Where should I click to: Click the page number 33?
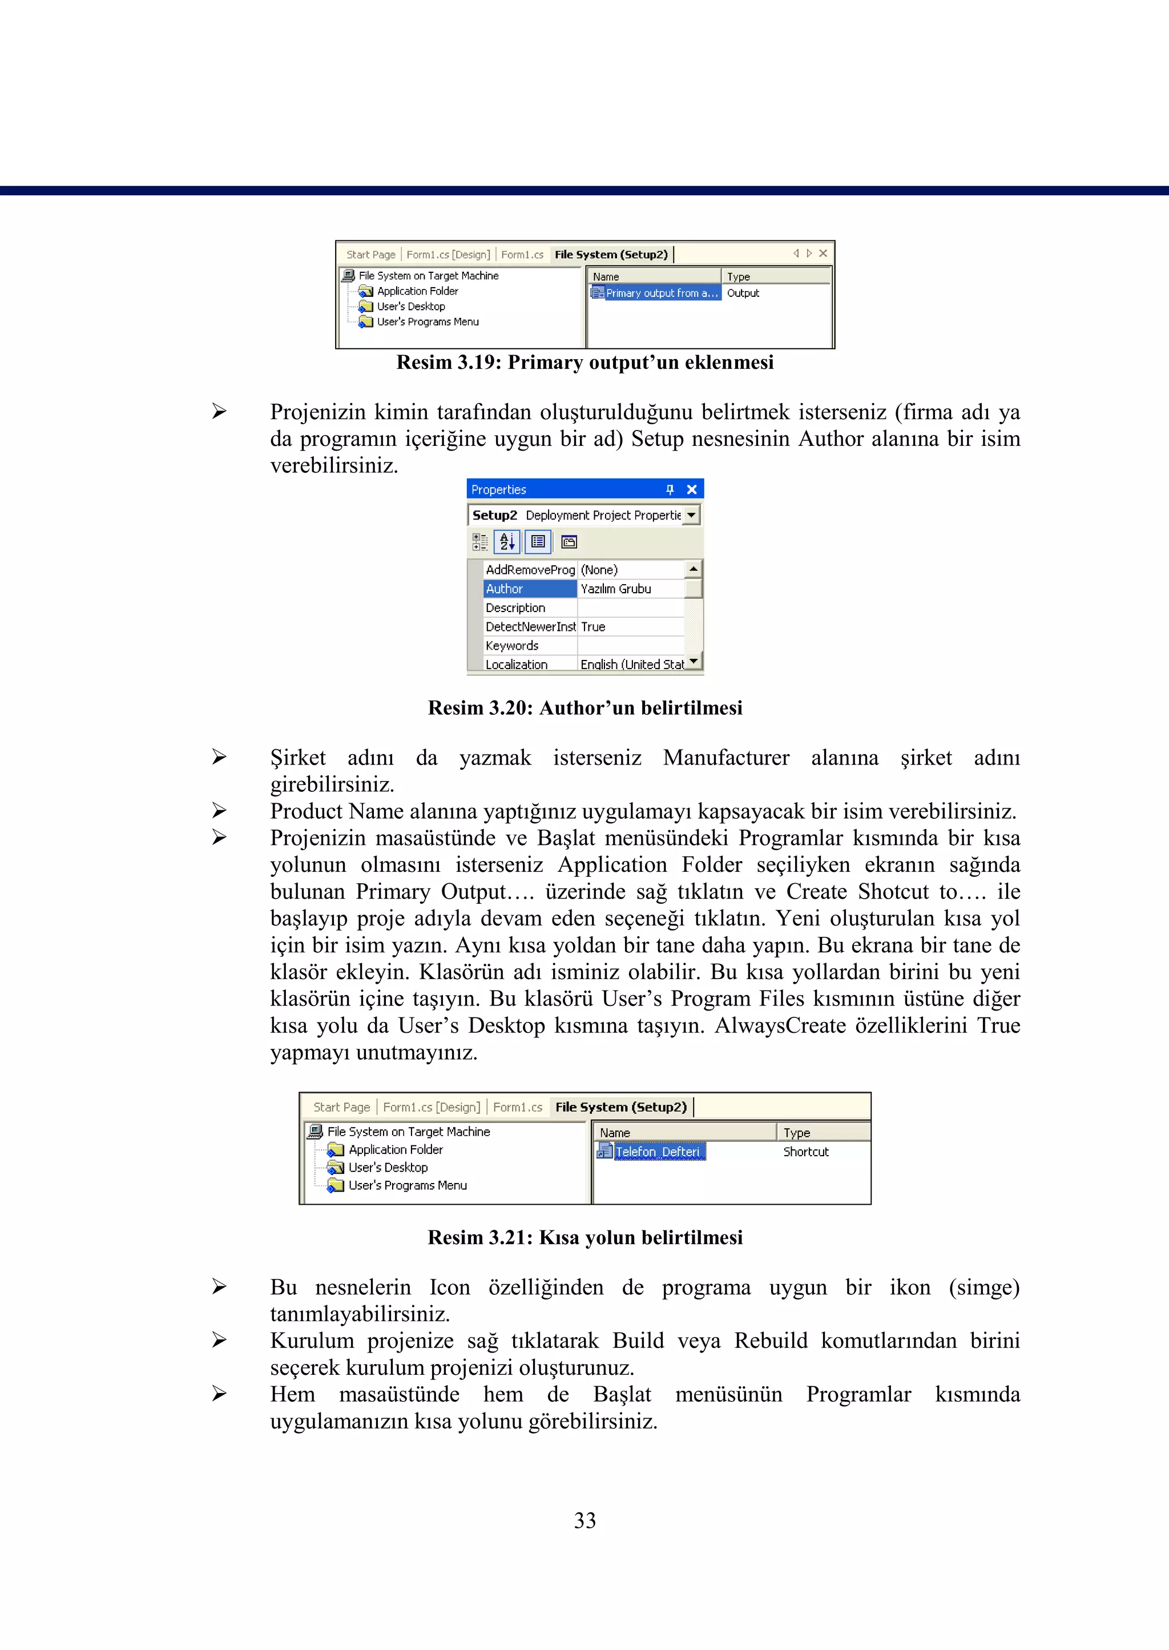click(584, 1520)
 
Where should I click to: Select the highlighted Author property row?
click(529, 589)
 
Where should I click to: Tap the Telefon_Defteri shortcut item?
click(656, 1151)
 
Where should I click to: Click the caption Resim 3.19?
click(584, 362)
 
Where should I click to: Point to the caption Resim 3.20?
click(584, 707)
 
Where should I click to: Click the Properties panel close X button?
click(692, 489)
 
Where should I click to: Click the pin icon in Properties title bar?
click(670, 489)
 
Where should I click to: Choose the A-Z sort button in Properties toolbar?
click(507, 541)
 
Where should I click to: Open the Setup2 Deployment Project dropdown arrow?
click(692, 516)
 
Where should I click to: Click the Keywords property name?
click(512, 646)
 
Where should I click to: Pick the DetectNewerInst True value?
click(593, 627)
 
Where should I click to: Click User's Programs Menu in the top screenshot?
click(428, 322)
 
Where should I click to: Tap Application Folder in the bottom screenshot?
click(395, 1150)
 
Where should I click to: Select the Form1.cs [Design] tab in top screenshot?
click(448, 255)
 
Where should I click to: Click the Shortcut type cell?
click(805, 1152)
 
